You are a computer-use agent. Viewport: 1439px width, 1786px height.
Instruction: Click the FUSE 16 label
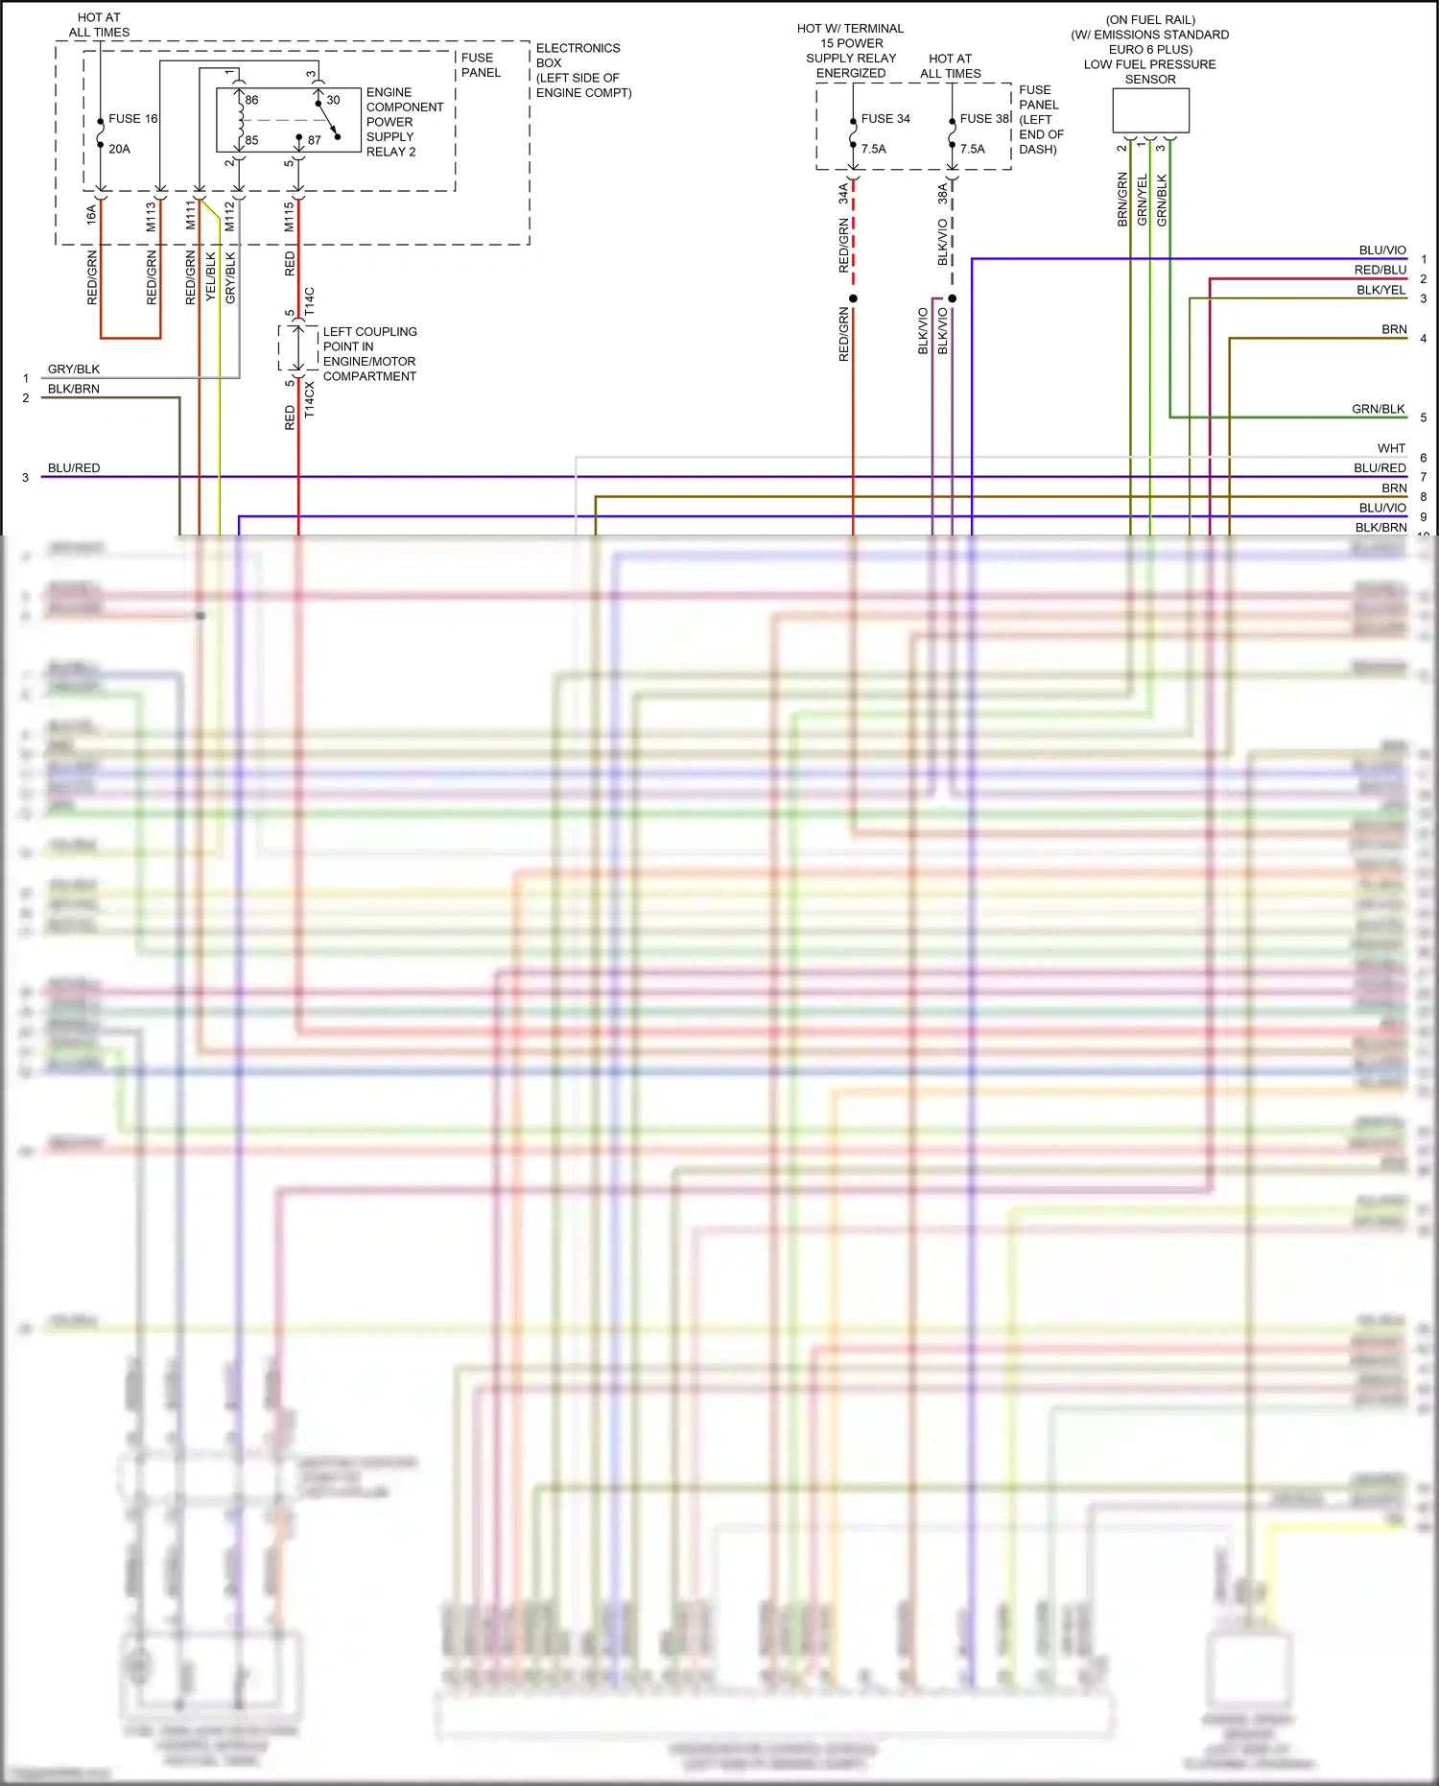[132, 119]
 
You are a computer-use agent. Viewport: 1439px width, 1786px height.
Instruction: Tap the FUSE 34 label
[885, 119]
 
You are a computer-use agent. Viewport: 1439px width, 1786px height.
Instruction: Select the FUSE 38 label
[984, 119]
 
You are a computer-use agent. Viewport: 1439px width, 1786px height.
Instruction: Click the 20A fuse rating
[119, 149]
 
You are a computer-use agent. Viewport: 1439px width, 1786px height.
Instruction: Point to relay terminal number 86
[251, 100]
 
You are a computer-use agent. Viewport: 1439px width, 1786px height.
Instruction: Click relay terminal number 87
[314, 140]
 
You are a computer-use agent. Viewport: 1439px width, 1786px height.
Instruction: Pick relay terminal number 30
[333, 100]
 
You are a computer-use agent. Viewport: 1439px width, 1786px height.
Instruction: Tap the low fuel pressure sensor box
[1150, 110]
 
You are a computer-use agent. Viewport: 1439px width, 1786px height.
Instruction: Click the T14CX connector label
[309, 399]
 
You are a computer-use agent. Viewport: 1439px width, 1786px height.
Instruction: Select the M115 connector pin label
[289, 217]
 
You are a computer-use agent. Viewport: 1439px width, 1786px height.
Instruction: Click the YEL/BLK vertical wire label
[211, 277]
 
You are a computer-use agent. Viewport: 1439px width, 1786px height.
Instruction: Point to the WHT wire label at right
[1391, 448]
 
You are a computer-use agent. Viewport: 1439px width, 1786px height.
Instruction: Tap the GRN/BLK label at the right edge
[1379, 409]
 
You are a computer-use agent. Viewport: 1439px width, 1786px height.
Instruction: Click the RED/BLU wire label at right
[1380, 270]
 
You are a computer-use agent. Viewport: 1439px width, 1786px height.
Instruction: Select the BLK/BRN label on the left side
[74, 389]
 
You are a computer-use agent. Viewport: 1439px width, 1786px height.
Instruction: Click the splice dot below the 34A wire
[853, 298]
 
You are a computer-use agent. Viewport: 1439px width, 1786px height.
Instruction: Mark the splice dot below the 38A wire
[952, 298]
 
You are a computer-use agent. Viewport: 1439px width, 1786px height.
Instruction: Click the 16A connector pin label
[91, 215]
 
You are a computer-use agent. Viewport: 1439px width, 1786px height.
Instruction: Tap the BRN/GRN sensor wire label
[1121, 200]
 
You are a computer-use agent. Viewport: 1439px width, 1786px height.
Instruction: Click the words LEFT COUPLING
[369, 332]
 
